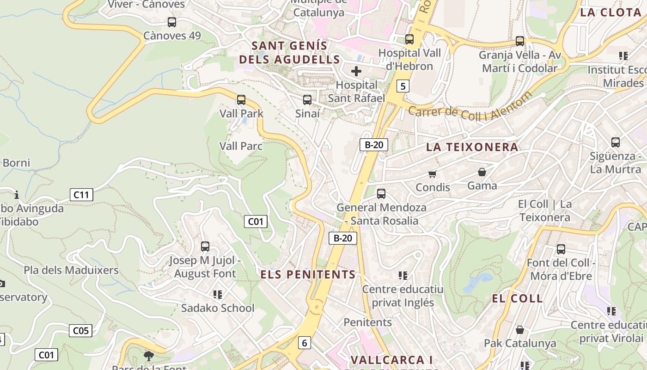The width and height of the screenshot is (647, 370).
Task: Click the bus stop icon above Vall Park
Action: coord(241,99)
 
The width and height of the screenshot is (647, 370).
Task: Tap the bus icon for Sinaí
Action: coord(307,99)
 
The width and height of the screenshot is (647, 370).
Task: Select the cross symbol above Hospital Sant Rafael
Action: coord(356,71)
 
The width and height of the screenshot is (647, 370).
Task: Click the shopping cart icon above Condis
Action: coord(433,174)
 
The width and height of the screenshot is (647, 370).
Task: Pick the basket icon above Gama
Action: coord(482,172)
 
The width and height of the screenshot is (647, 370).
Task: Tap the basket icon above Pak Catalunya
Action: coord(520,330)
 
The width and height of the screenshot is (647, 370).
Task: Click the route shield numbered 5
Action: coord(403,86)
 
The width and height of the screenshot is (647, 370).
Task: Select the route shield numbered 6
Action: coord(304,343)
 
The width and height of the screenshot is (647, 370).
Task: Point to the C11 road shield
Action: coord(81,195)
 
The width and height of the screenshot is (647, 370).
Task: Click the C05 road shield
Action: coord(81,331)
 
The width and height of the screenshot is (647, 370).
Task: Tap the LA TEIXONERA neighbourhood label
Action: coord(472,147)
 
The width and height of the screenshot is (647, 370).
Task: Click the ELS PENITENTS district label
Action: coord(308,274)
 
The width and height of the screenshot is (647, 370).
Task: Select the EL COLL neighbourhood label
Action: coord(517,298)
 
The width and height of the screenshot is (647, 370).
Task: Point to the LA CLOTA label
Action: coord(610,12)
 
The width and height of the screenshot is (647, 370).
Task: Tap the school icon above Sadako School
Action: coord(218,294)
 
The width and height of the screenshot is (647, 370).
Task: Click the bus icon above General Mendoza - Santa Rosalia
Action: coord(381,194)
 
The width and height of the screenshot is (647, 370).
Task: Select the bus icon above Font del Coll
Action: coord(561,249)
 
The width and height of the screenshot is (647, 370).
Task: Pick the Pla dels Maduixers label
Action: coord(71,270)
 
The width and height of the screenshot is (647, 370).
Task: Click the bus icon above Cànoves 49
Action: coord(172,22)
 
